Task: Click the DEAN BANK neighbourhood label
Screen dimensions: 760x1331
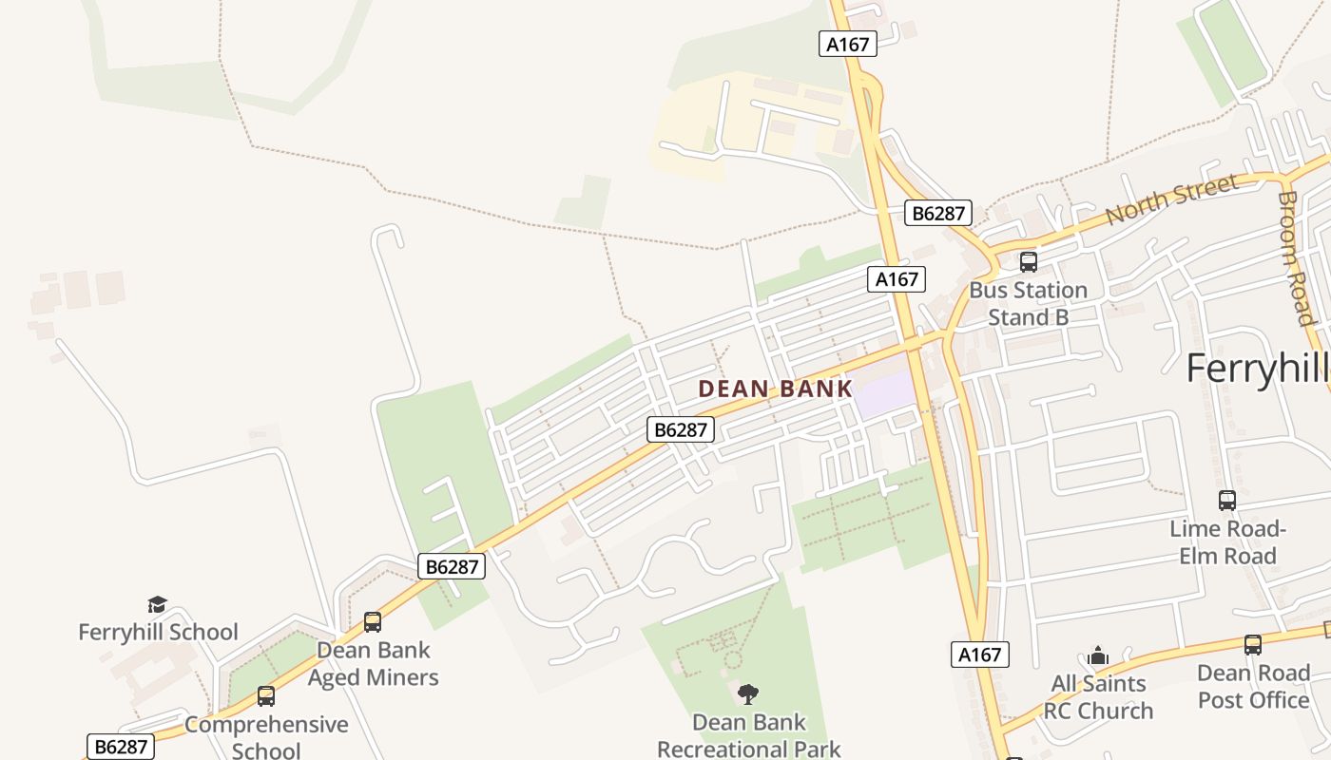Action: (775, 389)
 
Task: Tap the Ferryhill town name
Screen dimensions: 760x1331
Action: (1258, 368)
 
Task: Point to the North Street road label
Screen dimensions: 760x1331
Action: (1171, 199)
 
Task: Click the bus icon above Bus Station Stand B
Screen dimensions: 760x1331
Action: (1028, 261)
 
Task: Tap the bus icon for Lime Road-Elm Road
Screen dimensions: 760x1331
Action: (1227, 500)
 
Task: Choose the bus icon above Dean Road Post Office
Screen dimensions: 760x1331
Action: (1253, 644)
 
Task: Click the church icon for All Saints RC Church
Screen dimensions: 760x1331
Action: (1098, 655)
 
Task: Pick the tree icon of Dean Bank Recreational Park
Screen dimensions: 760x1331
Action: (748, 693)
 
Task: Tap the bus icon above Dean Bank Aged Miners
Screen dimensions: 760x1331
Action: (373, 622)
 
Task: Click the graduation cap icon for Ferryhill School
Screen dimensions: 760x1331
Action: (158, 604)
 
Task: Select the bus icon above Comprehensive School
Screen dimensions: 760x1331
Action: (266, 696)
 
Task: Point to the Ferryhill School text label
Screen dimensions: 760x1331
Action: (158, 632)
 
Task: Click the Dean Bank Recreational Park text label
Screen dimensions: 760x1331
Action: (748, 735)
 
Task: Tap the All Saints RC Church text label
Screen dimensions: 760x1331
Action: (1098, 696)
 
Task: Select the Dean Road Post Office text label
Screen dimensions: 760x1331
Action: (1253, 686)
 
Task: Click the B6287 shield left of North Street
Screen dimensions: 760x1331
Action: (938, 213)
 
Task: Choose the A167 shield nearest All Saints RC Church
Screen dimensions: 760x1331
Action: (979, 654)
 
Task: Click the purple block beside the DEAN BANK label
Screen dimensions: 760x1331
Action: (884, 391)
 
